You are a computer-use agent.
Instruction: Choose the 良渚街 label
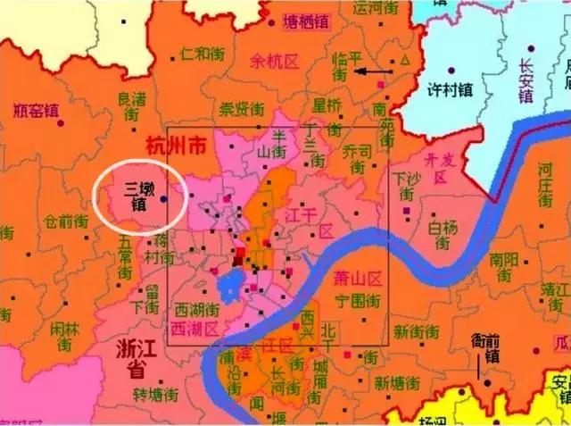click(x=131, y=107)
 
